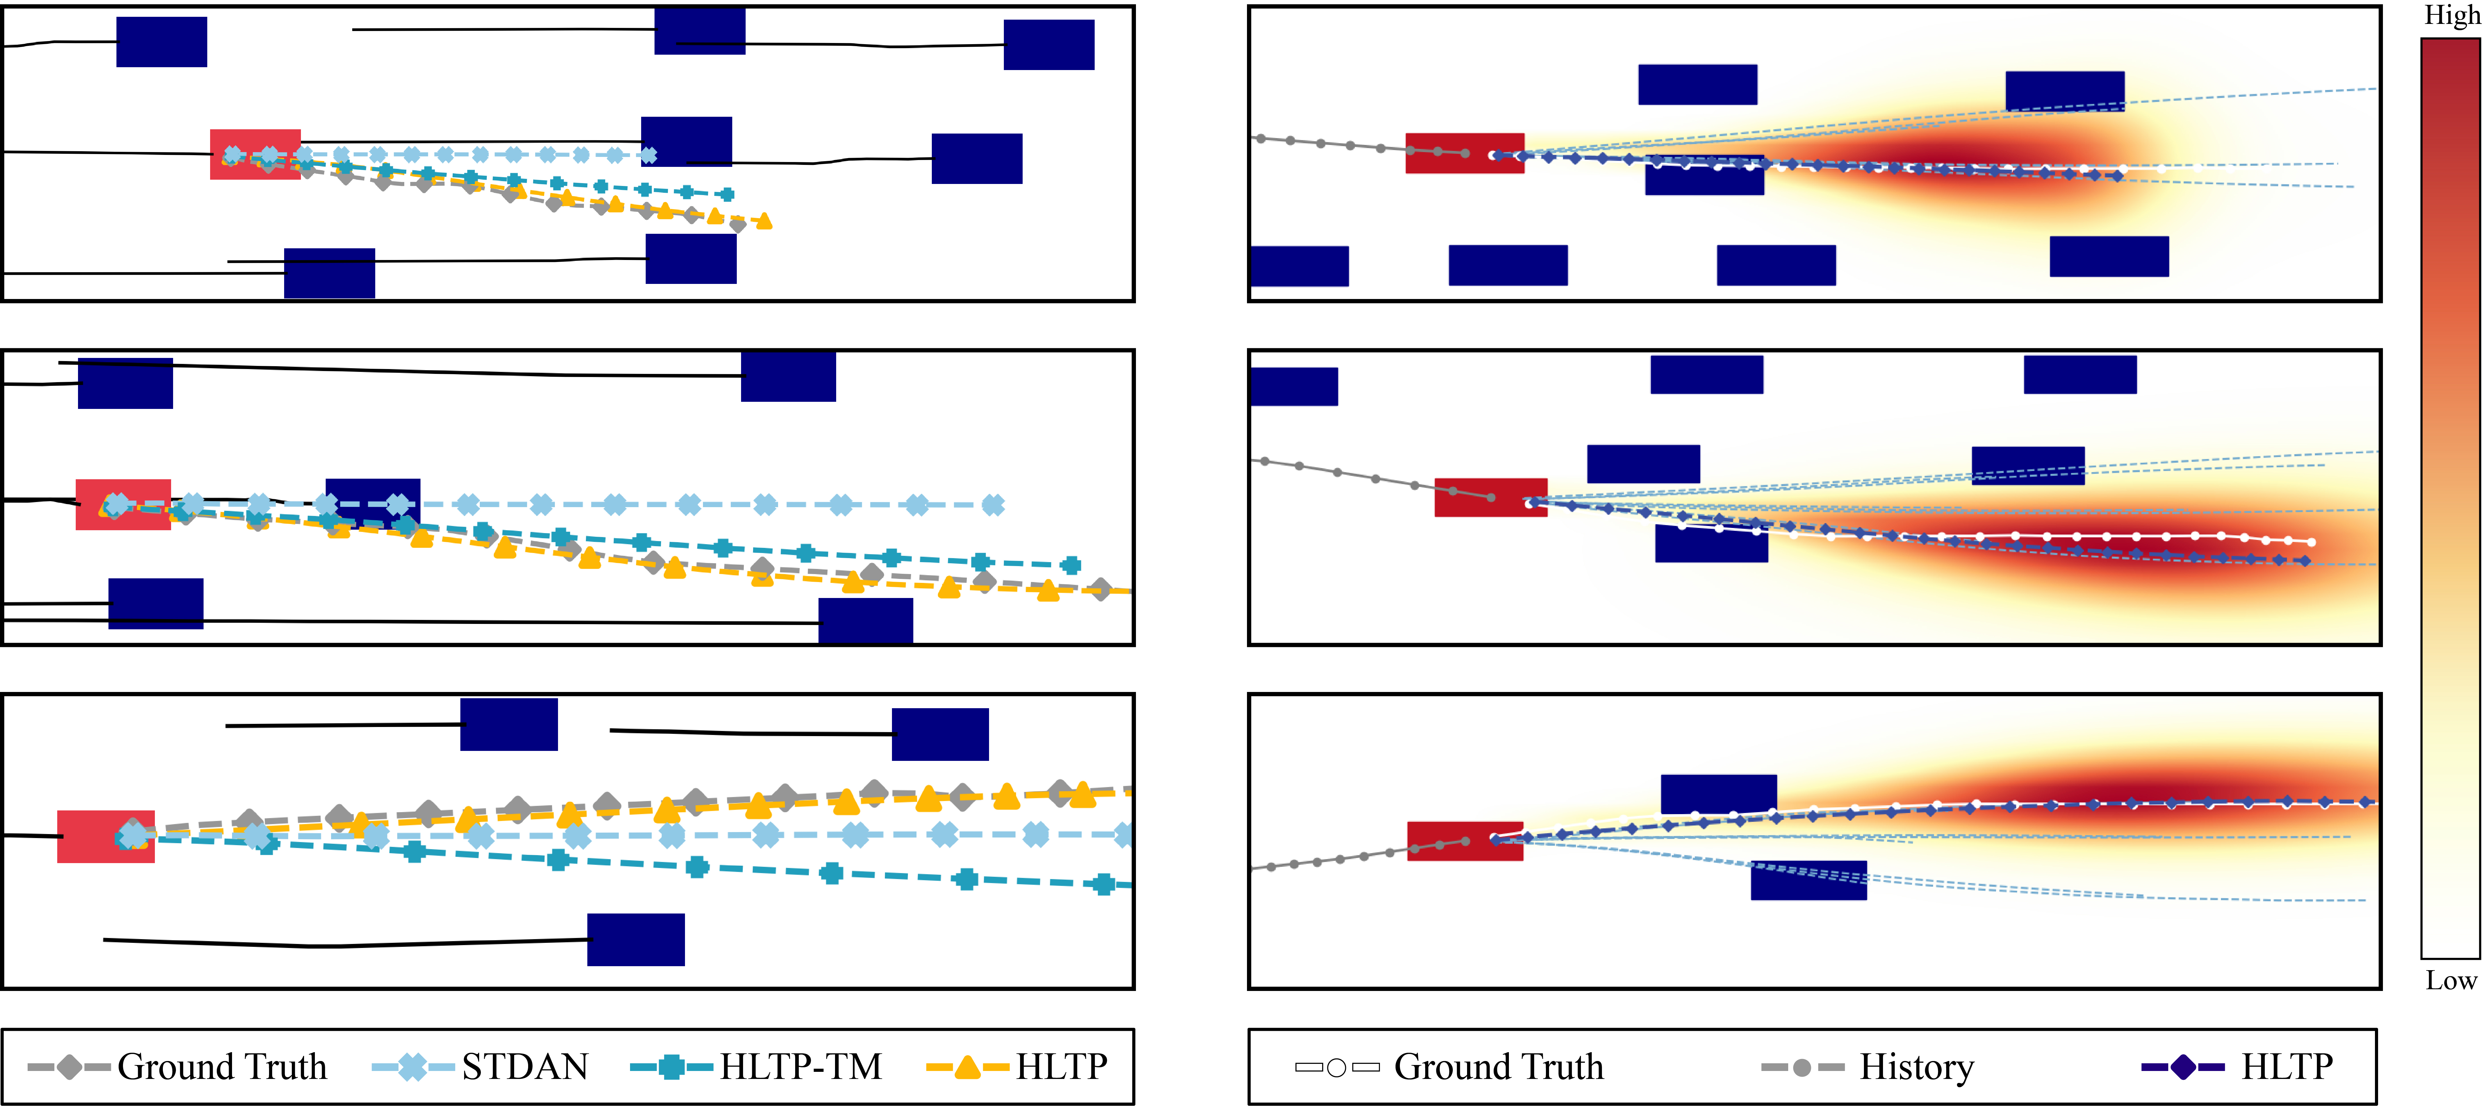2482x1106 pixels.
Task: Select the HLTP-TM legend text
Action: (801, 1066)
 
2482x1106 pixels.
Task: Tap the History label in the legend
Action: (1916, 1066)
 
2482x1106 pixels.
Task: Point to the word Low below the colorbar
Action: (2450, 981)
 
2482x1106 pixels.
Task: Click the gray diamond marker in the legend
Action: (69, 1066)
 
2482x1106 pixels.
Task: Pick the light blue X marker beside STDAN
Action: (412, 1066)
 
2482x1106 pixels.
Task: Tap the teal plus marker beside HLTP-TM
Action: (672, 1066)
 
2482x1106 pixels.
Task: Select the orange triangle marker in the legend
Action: (967, 1066)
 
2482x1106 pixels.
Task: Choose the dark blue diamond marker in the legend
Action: (2183, 1066)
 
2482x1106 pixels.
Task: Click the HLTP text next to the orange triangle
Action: (1062, 1066)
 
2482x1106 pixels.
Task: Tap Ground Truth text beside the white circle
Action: (1498, 1066)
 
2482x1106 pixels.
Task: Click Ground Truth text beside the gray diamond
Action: (223, 1066)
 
